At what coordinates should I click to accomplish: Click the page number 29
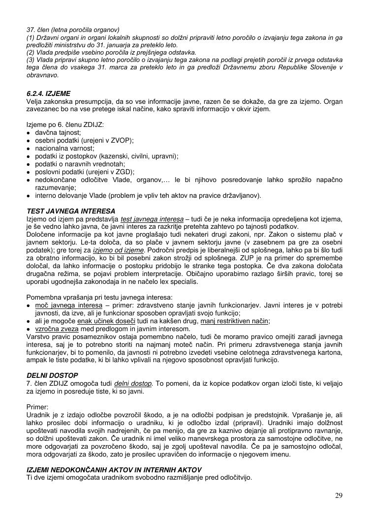[338, 495]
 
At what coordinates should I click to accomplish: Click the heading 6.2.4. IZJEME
[48, 92]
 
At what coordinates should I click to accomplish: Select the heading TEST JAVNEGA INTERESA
[71, 212]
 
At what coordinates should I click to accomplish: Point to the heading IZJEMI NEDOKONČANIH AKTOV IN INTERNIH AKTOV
[114, 470]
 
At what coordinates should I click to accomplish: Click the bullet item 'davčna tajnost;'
[58, 133]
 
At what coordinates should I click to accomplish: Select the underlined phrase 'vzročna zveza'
[56, 329]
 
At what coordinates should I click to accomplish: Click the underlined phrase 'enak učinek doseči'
[102, 321]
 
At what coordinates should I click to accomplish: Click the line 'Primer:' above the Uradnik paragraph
[37, 407]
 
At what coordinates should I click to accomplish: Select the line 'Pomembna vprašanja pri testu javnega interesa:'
[99, 297]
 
